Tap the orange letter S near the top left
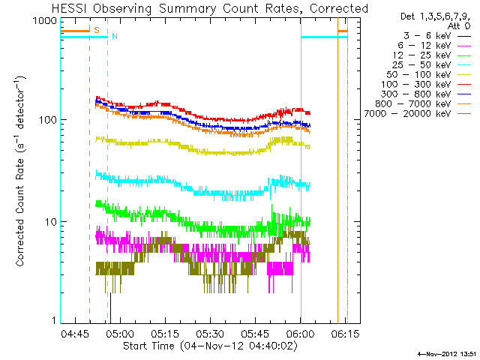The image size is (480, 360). tap(96, 30)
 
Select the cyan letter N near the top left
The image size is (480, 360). tap(114, 36)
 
